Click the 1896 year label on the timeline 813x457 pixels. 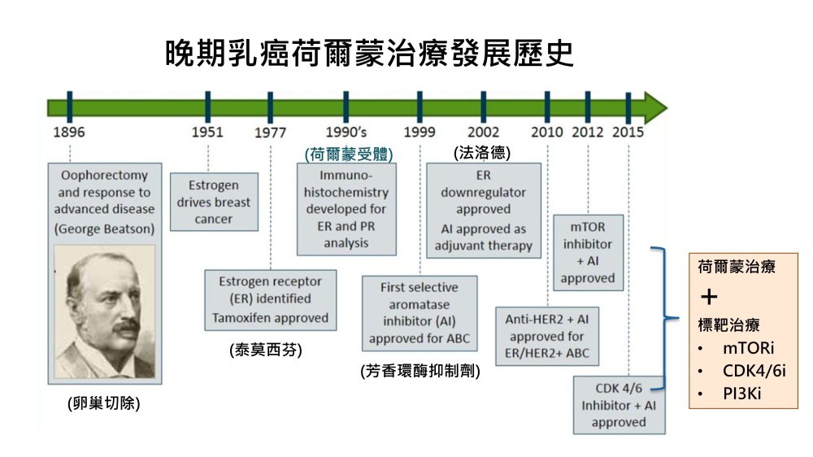point(69,133)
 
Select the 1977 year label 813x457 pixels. point(270,133)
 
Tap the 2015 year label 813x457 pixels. point(628,133)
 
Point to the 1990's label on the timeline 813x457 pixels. point(346,133)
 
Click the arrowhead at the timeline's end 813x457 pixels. point(656,108)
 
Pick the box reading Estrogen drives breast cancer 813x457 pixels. point(214,202)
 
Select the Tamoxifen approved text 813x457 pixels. point(270,317)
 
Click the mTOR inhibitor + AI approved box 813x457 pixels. point(588,253)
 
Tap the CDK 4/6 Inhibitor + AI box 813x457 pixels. point(619,405)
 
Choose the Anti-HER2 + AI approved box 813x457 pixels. point(547,336)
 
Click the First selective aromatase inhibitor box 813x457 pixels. point(420,313)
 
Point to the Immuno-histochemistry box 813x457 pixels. point(346,209)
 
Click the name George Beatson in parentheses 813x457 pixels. point(104,228)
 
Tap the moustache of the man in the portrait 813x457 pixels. point(128,326)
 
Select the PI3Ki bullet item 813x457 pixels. point(742,394)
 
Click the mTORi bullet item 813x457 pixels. point(748,347)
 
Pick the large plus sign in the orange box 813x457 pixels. point(709,297)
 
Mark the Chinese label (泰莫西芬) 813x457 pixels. point(266,350)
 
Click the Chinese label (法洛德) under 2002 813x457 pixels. point(482,153)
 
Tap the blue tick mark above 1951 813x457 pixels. point(208,107)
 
